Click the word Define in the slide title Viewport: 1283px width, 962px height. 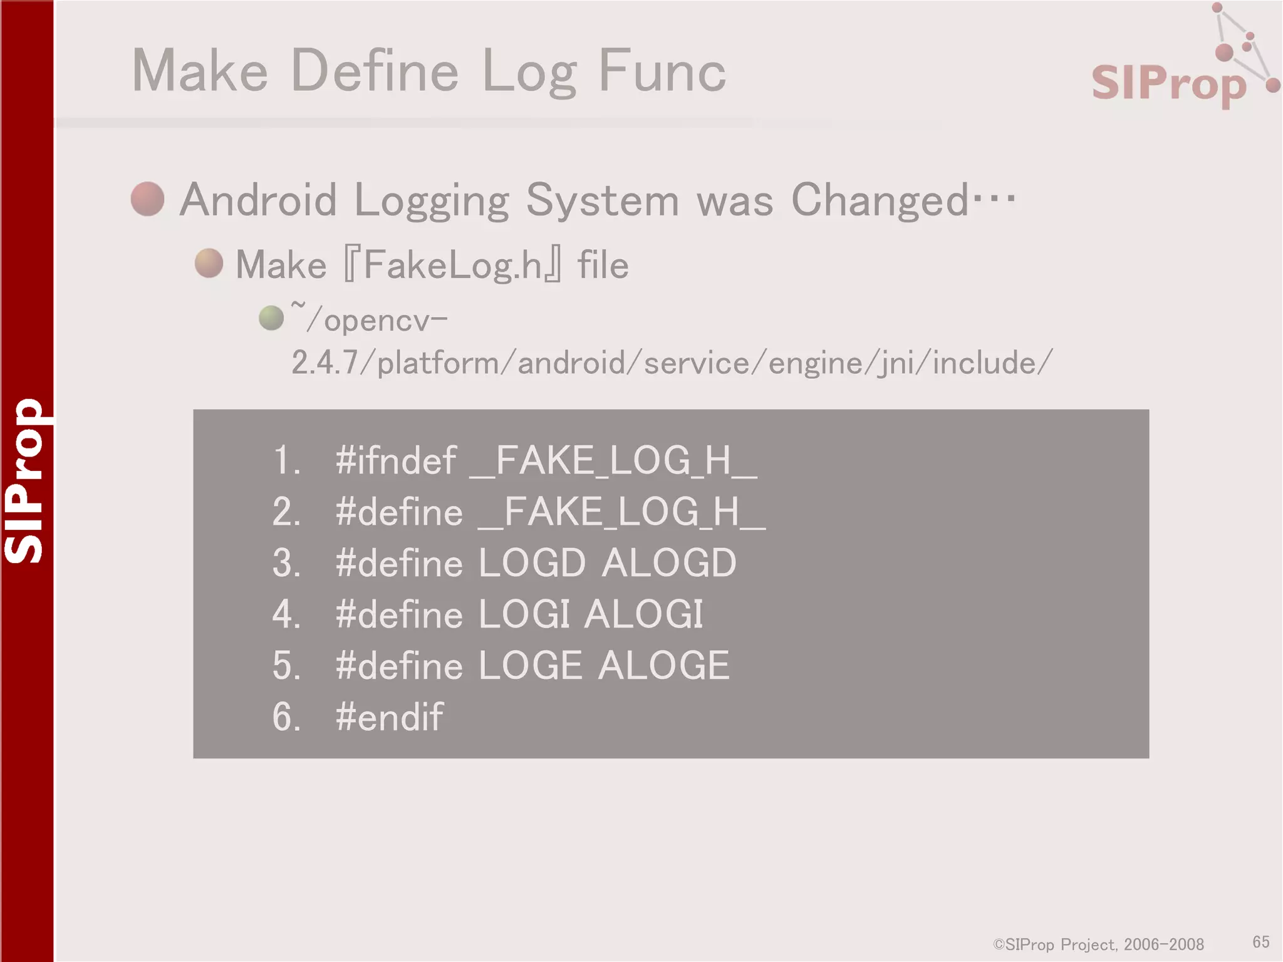coord(375,71)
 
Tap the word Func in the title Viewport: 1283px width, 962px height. coord(662,71)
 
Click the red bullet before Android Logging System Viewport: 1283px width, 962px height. coord(148,199)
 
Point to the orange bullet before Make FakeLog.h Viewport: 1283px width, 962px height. coord(209,263)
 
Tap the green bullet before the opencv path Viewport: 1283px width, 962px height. coord(271,318)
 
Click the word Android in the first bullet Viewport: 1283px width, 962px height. coord(258,200)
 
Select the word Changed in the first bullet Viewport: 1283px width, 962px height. coord(880,200)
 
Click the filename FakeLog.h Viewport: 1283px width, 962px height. coord(452,265)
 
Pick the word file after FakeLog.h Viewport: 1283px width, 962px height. coord(603,265)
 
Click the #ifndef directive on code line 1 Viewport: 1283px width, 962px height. coord(396,461)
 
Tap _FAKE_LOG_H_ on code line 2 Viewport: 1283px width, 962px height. coord(621,512)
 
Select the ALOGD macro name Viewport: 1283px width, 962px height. coord(669,563)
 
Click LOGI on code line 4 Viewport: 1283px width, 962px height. coord(524,614)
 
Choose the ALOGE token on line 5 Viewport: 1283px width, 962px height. coord(664,665)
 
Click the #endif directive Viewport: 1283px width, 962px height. coord(390,716)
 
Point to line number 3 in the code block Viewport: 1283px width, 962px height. coord(286,563)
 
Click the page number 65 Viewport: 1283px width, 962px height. coord(1261,942)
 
